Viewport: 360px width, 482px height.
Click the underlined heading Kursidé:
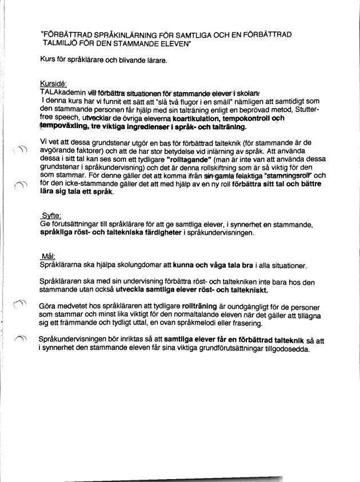53,83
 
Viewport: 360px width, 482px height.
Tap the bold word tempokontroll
246,118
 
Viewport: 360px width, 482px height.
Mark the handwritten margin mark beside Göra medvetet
19,306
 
